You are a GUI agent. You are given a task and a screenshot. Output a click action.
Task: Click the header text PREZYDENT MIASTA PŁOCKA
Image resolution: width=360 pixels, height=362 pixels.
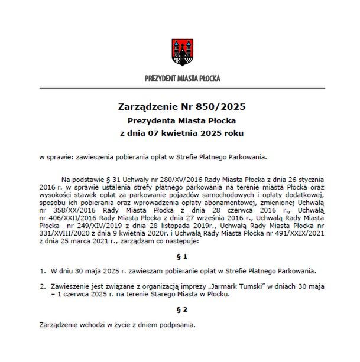pyautogui.click(x=179, y=78)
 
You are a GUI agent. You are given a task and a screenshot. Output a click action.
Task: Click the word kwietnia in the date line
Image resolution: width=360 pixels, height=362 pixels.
pyautogui.click(x=178, y=133)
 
